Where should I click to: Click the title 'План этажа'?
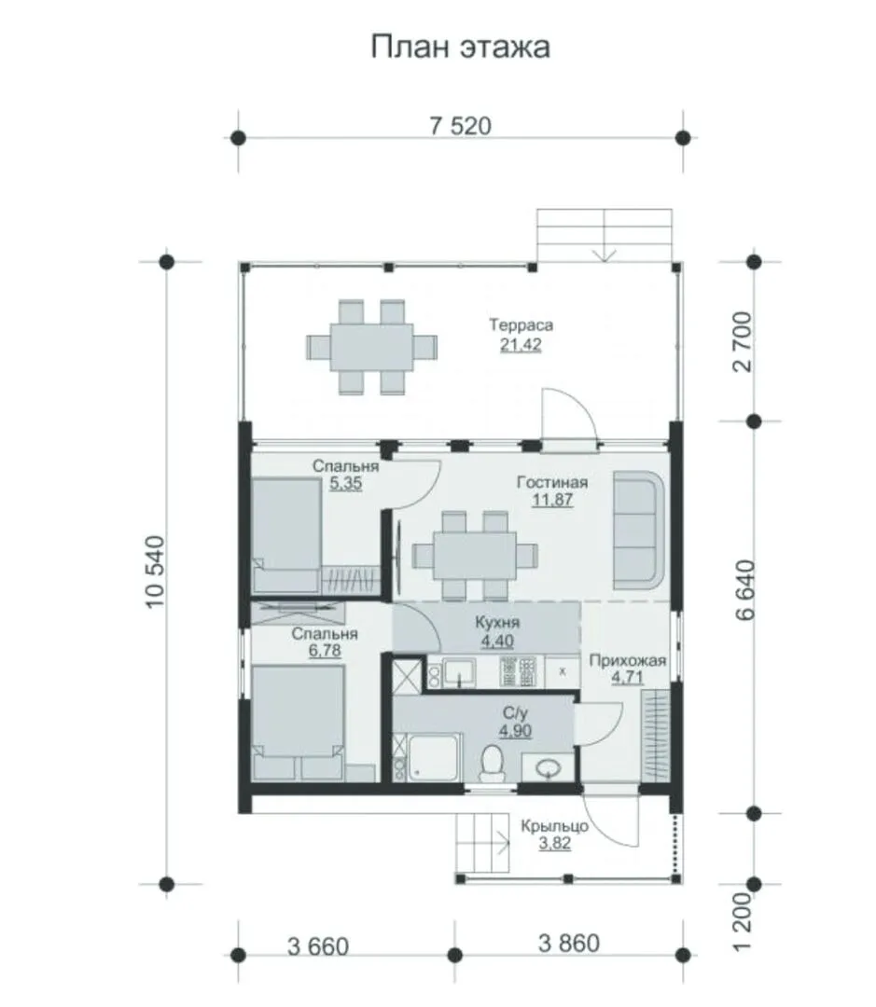click(x=460, y=48)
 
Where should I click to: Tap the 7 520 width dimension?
click(x=460, y=126)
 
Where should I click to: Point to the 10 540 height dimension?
click(x=156, y=572)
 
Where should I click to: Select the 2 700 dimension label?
click(x=742, y=341)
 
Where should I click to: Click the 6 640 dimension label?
click(x=745, y=590)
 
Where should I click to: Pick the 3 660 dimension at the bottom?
click(x=318, y=946)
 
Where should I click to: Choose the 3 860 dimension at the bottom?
click(x=569, y=943)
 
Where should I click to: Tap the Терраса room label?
click(x=521, y=325)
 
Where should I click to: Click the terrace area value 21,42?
click(x=521, y=344)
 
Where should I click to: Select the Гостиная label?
click(x=552, y=482)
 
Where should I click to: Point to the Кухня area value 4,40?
click(x=497, y=641)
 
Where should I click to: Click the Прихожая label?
click(x=627, y=660)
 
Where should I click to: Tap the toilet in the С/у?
click(x=493, y=763)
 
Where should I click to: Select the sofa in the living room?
click(x=638, y=531)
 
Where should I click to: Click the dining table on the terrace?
click(x=371, y=347)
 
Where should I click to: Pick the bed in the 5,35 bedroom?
click(x=286, y=535)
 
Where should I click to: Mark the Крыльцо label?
click(x=555, y=826)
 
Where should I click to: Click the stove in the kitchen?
click(x=518, y=672)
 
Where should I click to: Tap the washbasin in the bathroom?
click(x=548, y=767)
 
